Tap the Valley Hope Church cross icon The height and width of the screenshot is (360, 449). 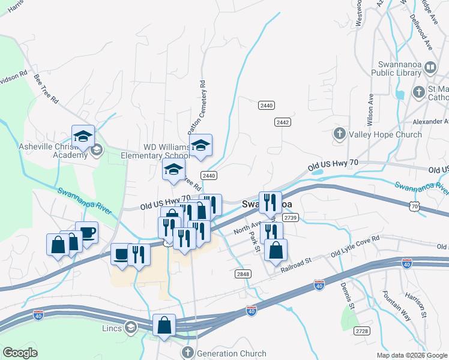pyautogui.click(x=339, y=134)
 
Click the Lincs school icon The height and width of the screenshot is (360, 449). pyautogui.click(x=130, y=327)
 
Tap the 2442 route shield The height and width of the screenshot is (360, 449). pyautogui.click(x=283, y=122)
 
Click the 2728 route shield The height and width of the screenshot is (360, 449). pyautogui.click(x=362, y=331)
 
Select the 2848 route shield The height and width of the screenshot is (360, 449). pyautogui.click(x=243, y=274)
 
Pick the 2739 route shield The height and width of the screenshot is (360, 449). pyautogui.click(x=291, y=217)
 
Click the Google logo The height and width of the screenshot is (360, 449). pyautogui.click(x=20, y=353)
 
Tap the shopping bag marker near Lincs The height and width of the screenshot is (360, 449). pyautogui.click(x=164, y=325)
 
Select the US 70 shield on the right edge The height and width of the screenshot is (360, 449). pyautogui.click(x=413, y=206)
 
